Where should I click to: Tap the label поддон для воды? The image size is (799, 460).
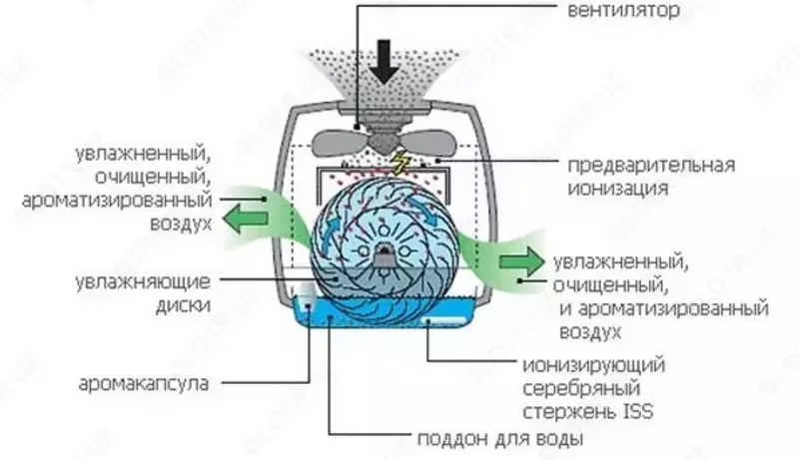(498, 439)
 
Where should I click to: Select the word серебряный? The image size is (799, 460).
(580, 387)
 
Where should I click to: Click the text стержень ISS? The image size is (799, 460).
(587, 410)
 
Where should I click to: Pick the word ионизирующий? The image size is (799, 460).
(593, 365)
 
